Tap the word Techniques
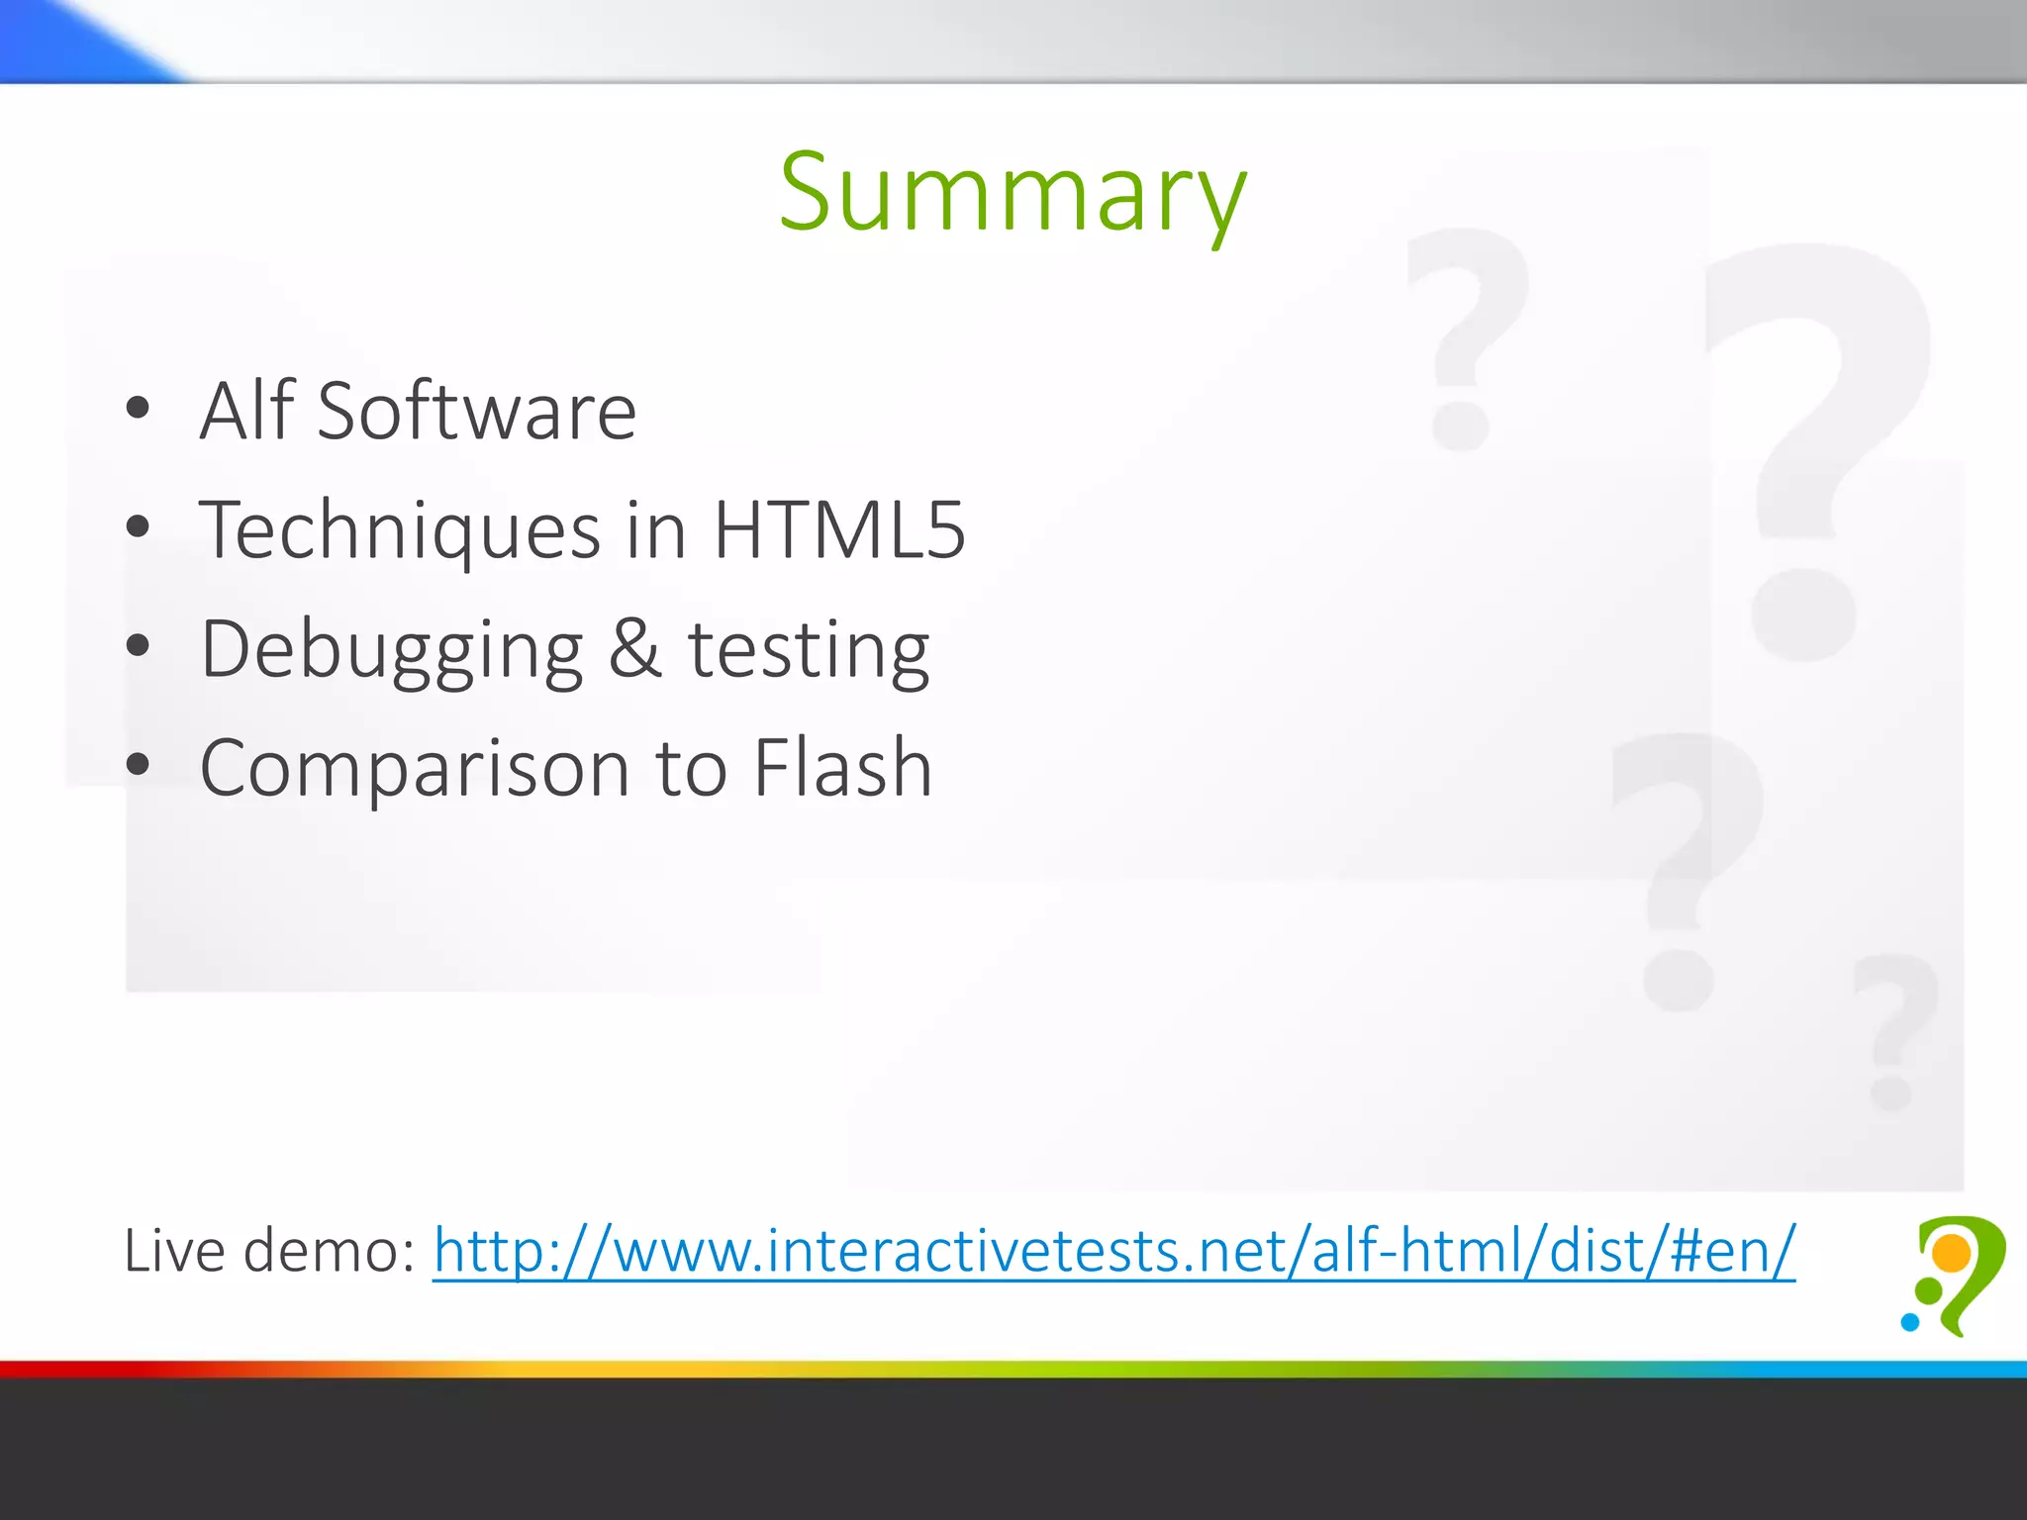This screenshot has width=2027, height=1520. (400, 531)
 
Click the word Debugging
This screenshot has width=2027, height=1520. (392, 651)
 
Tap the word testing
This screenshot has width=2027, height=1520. (809, 651)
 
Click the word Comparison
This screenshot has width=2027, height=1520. (415, 769)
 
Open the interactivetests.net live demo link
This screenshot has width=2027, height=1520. (1113, 1251)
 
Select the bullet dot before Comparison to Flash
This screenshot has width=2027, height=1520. (138, 764)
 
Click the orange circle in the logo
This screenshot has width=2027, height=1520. (1952, 1254)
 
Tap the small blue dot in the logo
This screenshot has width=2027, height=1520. (1909, 1321)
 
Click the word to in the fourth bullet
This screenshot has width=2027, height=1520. (691, 769)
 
